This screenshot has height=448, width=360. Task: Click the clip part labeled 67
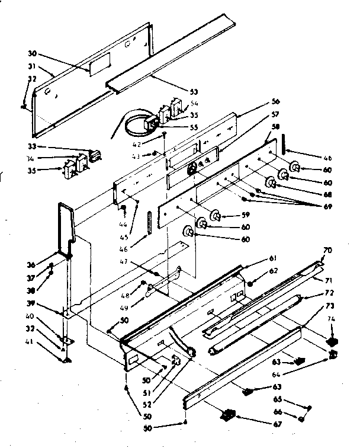[226, 415]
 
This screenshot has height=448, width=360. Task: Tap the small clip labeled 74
[333, 342]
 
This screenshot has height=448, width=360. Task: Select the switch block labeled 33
[93, 156]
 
